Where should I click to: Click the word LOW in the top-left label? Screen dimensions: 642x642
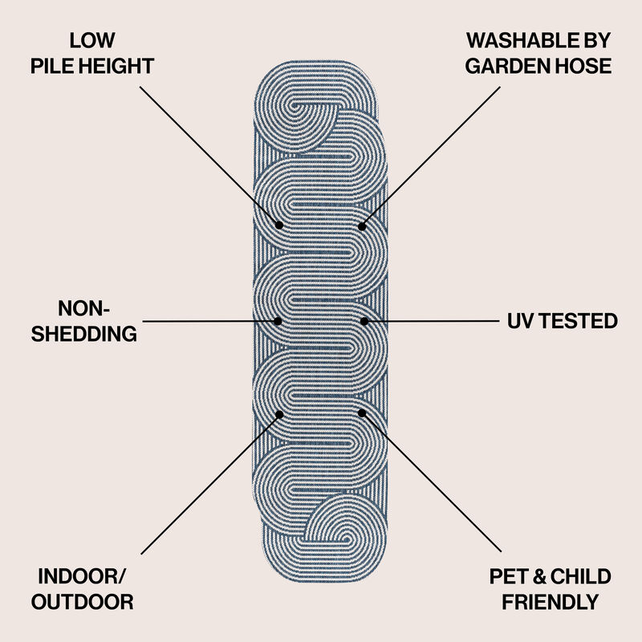tap(92, 41)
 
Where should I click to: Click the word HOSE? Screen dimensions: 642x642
tap(586, 67)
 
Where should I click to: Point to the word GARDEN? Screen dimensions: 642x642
tap(510, 67)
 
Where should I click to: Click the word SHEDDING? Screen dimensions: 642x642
tap(84, 334)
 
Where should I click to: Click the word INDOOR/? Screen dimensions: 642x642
tap(82, 576)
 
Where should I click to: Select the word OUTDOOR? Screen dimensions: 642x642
tap(83, 603)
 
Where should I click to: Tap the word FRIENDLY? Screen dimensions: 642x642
tap(551, 603)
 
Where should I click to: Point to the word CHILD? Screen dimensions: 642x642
tap(580, 576)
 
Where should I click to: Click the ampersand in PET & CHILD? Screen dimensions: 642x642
tap(539, 576)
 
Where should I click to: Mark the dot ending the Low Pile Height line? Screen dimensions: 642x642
tap(279, 225)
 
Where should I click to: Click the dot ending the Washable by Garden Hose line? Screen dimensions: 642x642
tap(362, 226)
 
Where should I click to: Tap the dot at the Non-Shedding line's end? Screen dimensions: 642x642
tap(278, 321)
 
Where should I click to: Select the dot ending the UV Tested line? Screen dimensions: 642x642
tap(364, 321)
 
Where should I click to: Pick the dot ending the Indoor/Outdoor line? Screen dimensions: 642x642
tap(279, 415)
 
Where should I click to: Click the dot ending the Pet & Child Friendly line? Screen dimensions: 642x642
tap(362, 413)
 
